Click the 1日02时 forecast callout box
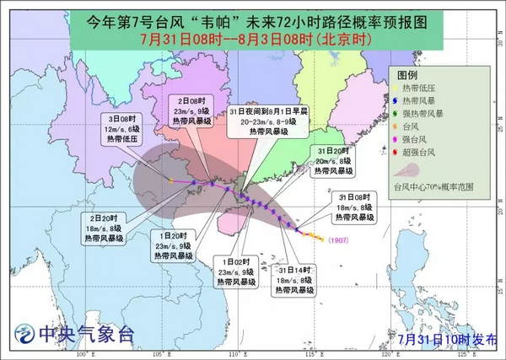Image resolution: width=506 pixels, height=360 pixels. point(237,272)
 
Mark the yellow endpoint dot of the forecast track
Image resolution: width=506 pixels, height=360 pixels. point(170,181)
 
